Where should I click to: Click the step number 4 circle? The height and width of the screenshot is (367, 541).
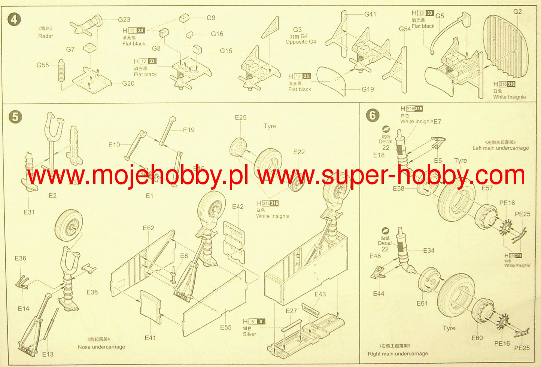14,19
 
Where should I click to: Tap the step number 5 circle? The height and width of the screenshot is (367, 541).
15,117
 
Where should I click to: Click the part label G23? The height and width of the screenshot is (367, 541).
124,20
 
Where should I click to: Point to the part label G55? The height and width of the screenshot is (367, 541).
43,65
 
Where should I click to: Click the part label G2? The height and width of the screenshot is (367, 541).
517,12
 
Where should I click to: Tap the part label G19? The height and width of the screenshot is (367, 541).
368,89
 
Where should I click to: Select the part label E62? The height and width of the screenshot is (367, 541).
148,228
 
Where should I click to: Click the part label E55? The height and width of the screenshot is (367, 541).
225,327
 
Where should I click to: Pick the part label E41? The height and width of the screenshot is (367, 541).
150,338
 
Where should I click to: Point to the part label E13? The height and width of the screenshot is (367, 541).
48,354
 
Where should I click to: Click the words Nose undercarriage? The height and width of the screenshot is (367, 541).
101,347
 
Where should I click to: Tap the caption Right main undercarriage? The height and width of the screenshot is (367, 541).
398,353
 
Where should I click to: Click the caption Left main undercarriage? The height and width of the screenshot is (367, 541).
501,148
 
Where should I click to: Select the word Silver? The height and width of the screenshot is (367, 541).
249,334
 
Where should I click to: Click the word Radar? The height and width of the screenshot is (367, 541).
46,36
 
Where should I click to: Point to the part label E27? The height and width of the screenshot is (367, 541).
291,311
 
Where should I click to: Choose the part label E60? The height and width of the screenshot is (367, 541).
477,338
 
